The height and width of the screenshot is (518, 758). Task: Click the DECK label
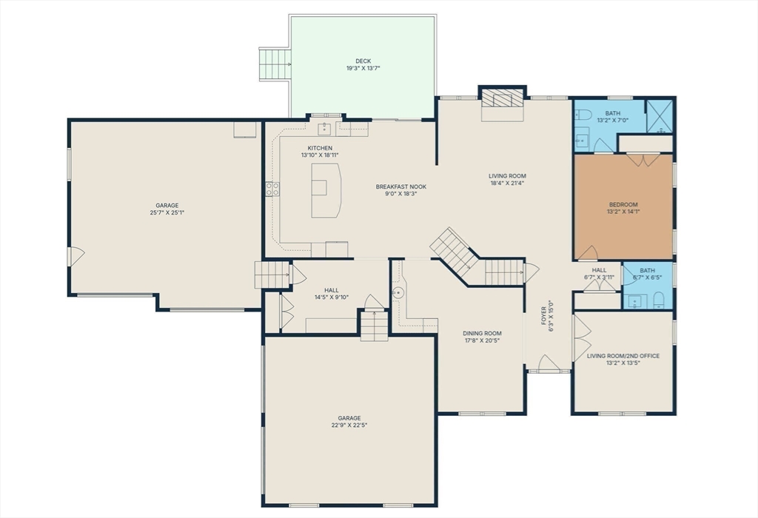[363, 61]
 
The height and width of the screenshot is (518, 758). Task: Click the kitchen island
[325, 190]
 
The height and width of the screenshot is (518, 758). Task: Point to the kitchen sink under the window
[324, 129]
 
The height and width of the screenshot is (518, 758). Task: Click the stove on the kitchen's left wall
[272, 189]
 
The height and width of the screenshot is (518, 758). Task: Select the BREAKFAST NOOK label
[400, 186]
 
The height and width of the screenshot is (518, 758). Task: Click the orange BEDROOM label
[623, 204]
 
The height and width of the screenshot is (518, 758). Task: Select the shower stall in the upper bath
[658, 116]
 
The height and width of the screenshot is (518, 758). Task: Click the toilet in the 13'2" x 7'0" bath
[583, 115]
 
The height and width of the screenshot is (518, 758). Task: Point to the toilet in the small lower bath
[660, 300]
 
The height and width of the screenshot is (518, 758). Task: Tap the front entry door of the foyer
[548, 363]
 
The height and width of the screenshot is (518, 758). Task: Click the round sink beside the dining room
[398, 292]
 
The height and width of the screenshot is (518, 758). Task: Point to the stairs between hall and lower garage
[375, 326]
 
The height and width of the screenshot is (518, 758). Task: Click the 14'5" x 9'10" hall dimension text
[331, 297]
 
